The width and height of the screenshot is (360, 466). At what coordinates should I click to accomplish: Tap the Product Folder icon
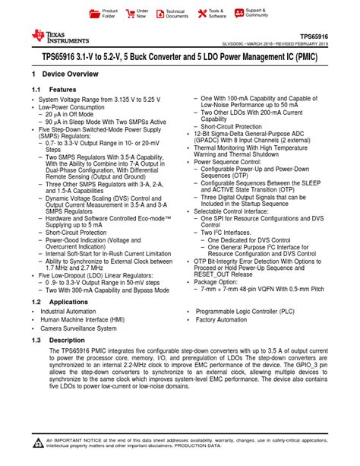pos(95,14)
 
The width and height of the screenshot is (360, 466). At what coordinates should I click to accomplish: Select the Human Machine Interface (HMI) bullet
pos(82,320)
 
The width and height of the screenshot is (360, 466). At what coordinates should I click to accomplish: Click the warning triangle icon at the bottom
pos(38,442)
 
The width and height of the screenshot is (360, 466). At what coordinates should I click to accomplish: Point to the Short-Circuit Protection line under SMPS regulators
pos(78,233)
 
